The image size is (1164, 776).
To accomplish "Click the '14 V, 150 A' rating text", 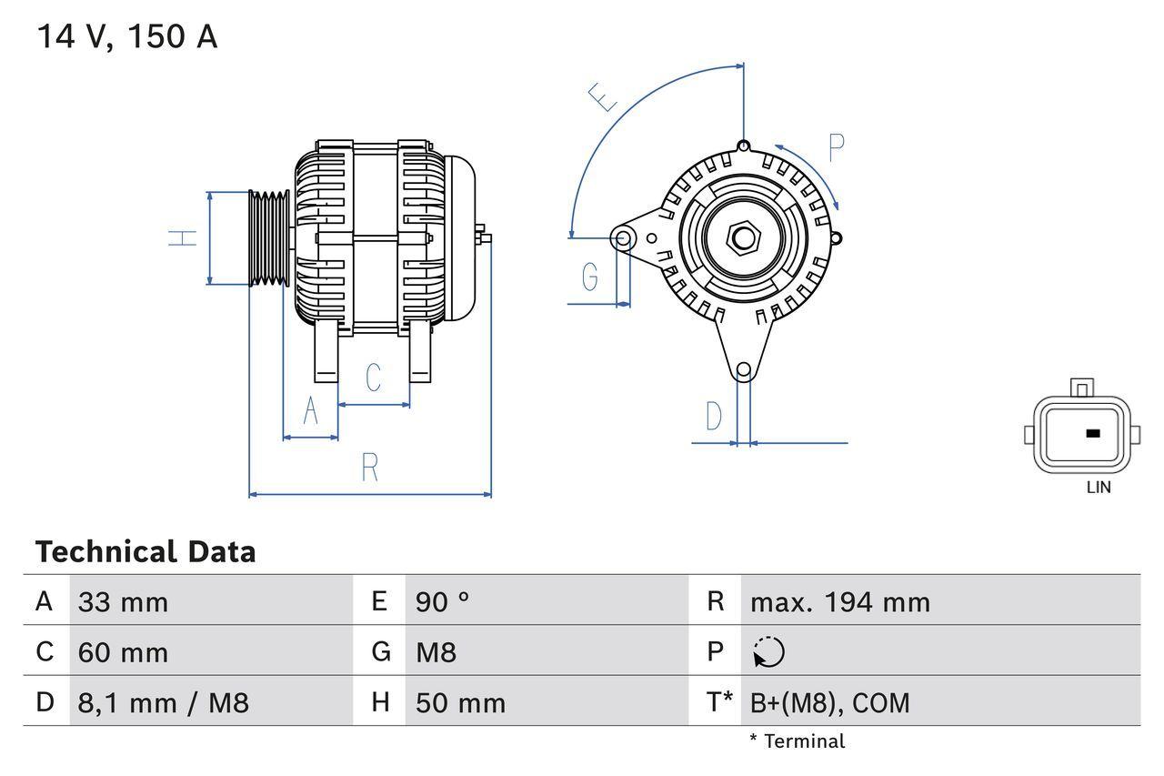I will click(126, 37).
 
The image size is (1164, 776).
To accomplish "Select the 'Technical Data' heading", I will click(145, 551).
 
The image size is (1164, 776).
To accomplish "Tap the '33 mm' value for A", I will click(123, 601).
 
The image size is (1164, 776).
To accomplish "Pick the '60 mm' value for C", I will click(123, 652).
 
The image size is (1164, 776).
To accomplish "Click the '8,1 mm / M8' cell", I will click(163, 702).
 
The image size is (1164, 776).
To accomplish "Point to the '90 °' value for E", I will click(442, 601).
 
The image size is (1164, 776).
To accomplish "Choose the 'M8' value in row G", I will click(436, 652).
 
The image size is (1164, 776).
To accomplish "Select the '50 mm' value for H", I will click(460, 702).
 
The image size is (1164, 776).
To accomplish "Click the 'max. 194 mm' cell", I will click(839, 601).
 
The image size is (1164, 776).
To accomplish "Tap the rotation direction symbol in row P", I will click(768, 652).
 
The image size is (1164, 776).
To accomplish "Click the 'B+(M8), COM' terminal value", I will click(829, 702).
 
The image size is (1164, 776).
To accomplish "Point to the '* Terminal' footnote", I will click(797, 741).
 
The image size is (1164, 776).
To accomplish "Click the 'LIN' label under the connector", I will click(1098, 488).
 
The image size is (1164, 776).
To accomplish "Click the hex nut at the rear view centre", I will click(743, 238).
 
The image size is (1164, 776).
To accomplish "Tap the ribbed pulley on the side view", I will click(269, 238).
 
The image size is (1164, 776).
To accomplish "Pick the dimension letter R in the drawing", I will click(369, 468).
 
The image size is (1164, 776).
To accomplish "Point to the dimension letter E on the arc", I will click(603, 96).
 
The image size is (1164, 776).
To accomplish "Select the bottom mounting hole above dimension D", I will click(743, 369).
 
